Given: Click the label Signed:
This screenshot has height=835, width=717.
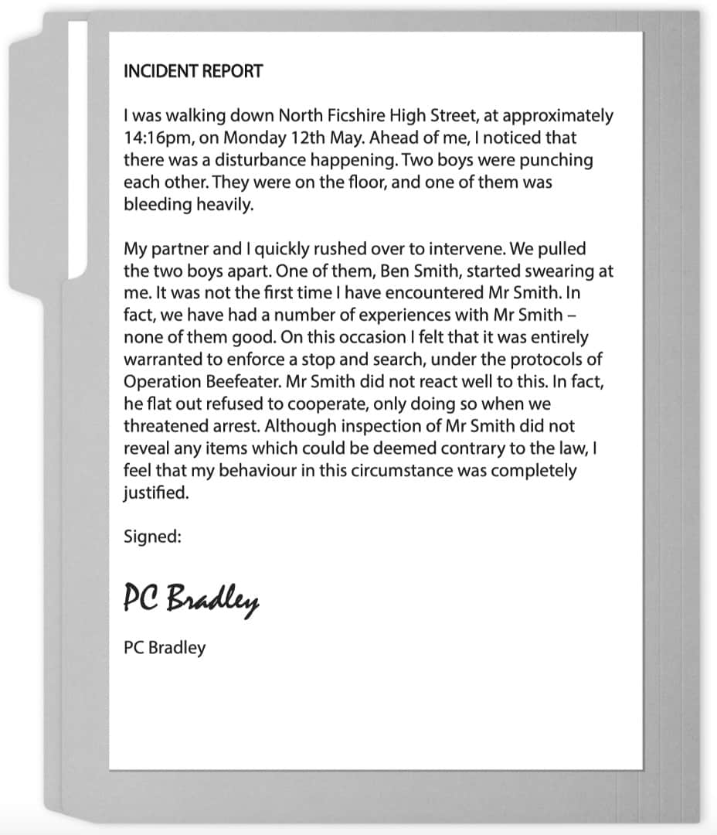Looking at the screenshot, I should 152,537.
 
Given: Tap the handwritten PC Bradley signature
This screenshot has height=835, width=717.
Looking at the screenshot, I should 191,598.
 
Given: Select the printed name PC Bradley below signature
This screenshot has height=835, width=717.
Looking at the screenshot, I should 165,647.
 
